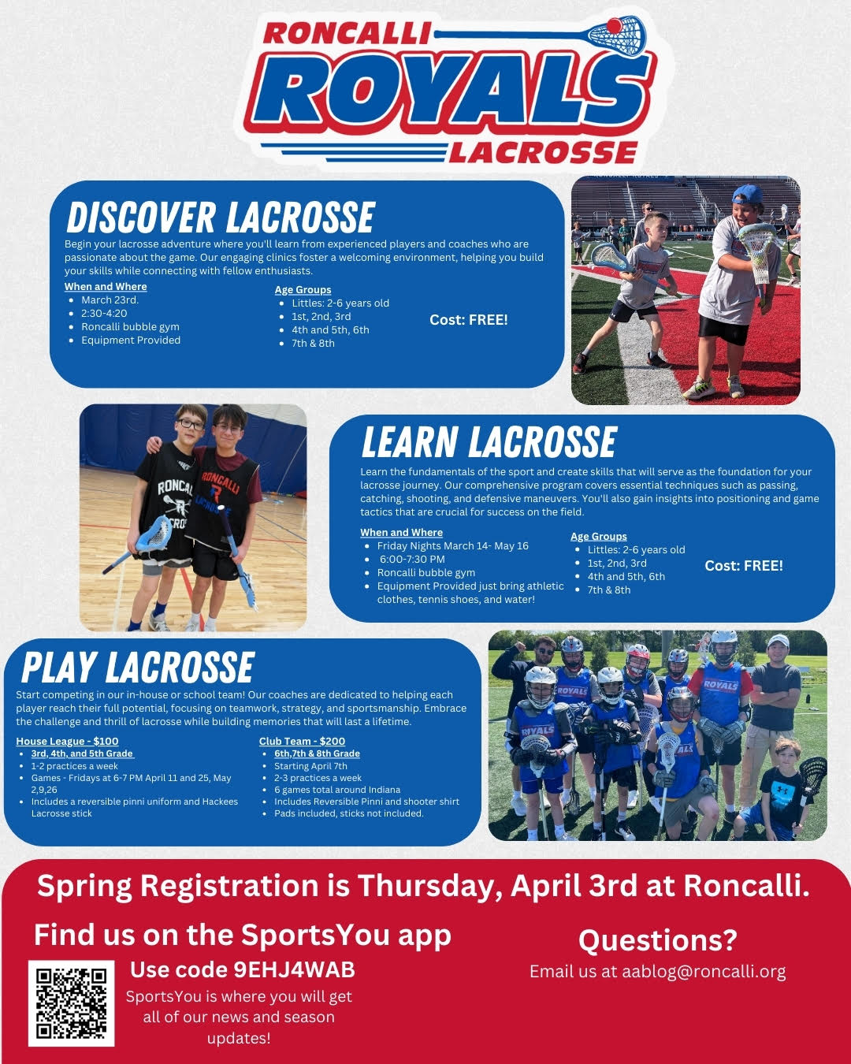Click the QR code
[x=71, y=1003]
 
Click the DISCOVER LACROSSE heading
[x=221, y=218]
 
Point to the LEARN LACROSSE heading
[x=489, y=442]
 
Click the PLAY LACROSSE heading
[x=139, y=668]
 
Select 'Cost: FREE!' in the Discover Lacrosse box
[x=469, y=320]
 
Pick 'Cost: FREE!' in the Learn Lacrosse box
[x=744, y=566]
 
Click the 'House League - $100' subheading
[x=67, y=741]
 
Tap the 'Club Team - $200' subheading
[x=302, y=741]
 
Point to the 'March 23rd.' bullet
[x=110, y=300]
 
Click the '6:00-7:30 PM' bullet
[x=412, y=560]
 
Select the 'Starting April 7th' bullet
[x=310, y=766]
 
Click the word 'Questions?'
[x=658, y=940]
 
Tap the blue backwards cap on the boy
[x=748, y=194]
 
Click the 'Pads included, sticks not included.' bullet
[x=348, y=813]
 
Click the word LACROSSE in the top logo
[x=543, y=152]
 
